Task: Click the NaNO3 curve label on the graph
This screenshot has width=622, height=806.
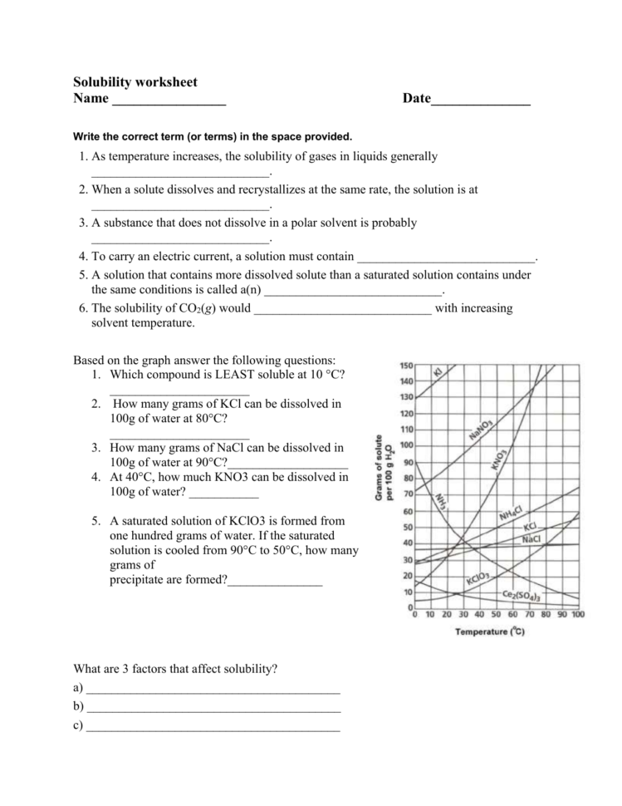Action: pos(481,430)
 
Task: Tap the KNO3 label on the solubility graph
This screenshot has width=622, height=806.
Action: pos(500,460)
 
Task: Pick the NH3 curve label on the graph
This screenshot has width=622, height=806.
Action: pos(442,502)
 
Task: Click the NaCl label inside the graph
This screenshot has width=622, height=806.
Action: pos(531,539)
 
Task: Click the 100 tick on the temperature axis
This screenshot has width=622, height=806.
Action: pos(578,615)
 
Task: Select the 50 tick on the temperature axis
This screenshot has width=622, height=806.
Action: pos(497,615)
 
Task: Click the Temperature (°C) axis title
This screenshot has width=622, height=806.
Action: pos(490,632)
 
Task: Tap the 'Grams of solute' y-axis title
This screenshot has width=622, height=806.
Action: pos(383,467)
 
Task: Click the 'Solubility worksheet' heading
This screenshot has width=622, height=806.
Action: pos(135,82)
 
